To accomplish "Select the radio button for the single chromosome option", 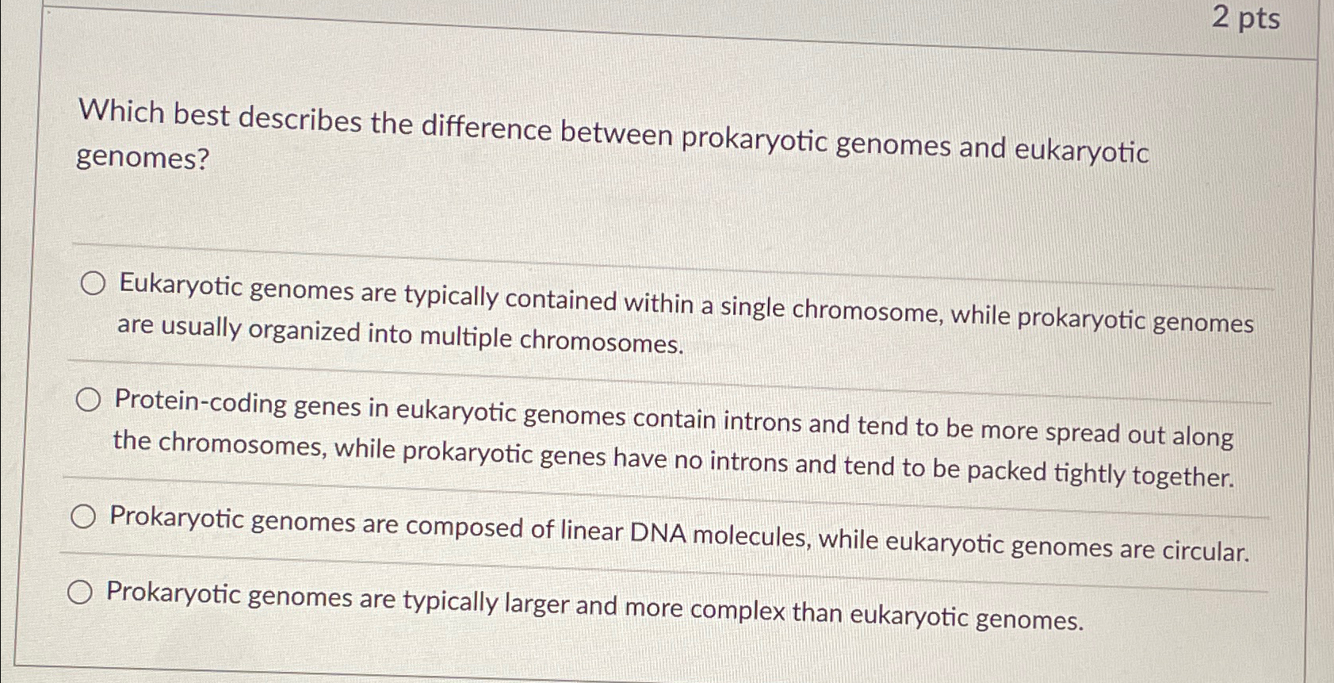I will (x=93, y=283).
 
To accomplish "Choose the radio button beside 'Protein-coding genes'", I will (x=88, y=401).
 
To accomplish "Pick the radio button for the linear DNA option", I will (x=83, y=518).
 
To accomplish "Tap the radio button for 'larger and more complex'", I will (x=79, y=592).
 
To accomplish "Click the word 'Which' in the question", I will (x=121, y=112).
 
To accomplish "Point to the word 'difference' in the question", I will (x=486, y=128).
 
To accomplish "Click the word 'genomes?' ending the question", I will (x=143, y=159).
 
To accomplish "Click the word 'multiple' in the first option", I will (x=466, y=337).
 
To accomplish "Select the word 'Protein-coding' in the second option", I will (x=201, y=402).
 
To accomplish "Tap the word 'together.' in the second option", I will (x=1183, y=476).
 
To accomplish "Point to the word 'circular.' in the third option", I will (x=1206, y=551).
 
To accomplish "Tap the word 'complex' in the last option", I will (x=737, y=611).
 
